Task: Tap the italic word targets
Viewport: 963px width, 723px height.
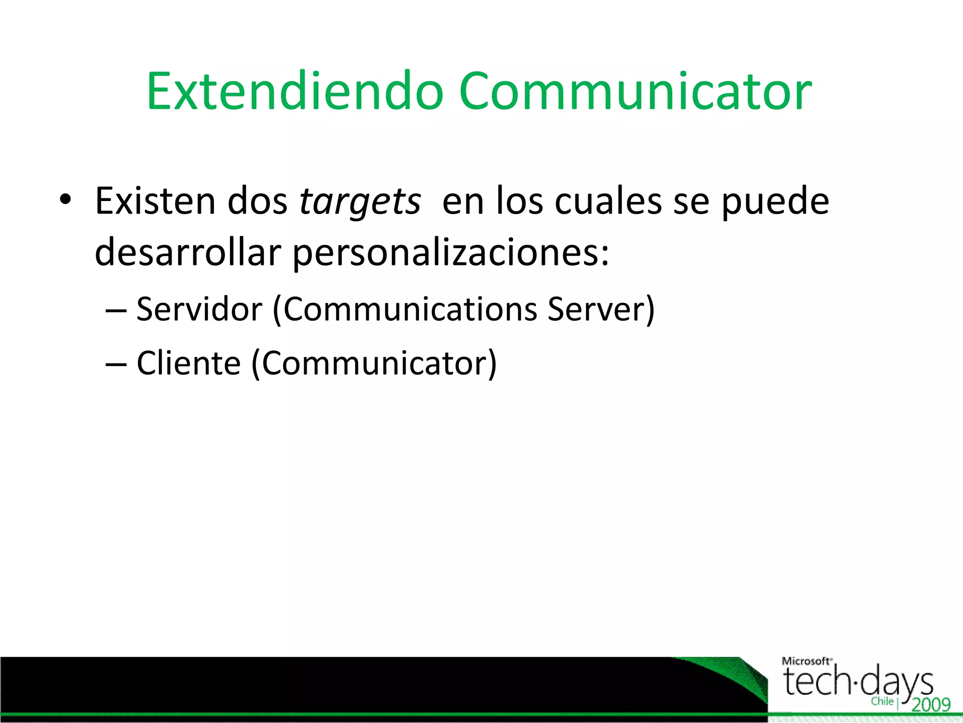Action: pyautogui.click(x=360, y=202)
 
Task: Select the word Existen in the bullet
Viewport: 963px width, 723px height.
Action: pyautogui.click(x=155, y=201)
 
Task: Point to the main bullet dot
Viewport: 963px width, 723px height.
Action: pyautogui.click(x=65, y=200)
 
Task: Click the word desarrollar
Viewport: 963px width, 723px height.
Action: pyautogui.click(x=188, y=252)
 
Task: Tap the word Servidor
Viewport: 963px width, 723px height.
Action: pyautogui.click(x=199, y=309)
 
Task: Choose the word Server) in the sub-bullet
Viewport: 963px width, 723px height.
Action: pyautogui.click(x=601, y=309)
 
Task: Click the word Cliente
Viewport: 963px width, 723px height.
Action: pyautogui.click(x=189, y=363)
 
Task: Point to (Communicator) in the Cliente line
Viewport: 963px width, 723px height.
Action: pyautogui.click(x=374, y=363)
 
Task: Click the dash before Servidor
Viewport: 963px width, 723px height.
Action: pyautogui.click(x=116, y=311)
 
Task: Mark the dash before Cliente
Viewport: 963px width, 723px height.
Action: pyautogui.click(x=116, y=364)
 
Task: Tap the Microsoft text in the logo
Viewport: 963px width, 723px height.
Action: pyautogui.click(x=806, y=661)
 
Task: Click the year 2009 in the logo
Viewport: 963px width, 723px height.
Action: pyautogui.click(x=931, y=705)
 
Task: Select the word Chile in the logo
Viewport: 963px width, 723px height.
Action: pyautogui.click(x=882, y=701)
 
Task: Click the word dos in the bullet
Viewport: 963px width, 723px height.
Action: pyautogui.click(x=257, y=201)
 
